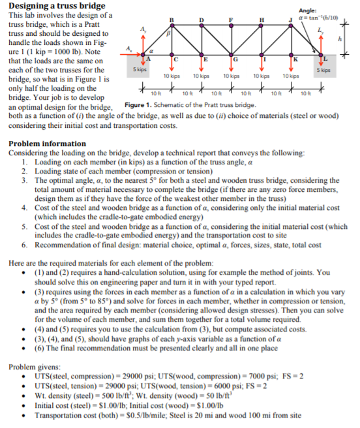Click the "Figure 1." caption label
click(x=139, y=106)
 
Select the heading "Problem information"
click(x=47, y=143)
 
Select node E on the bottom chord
click(x=207, y=61)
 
